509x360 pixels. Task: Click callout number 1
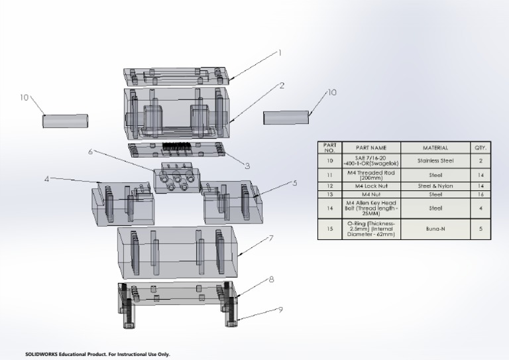(279, 52)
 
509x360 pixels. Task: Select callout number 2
(282, 85)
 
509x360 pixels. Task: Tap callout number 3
(247, 166)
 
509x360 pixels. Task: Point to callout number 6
(90, 152)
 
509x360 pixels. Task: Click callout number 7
(272, 238)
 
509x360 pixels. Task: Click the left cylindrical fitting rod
(66, 121)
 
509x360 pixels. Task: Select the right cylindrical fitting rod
(286, 117)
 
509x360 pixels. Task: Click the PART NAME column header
(369, 147)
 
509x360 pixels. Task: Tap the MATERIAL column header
(435, 147)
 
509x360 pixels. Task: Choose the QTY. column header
(481, 147)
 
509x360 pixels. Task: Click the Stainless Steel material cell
(435, 160)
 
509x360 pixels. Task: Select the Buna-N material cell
(435, 229)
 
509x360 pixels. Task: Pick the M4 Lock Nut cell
(369, 186)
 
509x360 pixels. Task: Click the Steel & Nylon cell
(435, 186)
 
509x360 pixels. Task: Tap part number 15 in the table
(329, 229)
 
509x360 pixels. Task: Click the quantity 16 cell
(481, 194)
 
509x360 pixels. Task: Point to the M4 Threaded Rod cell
(369, 175)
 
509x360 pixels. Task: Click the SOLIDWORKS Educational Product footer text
(97, 354)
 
